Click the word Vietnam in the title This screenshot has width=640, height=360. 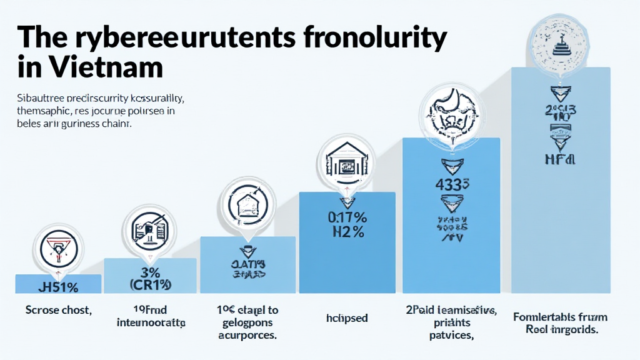tap(99, 66)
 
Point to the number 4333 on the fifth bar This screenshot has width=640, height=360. tap(452, 184)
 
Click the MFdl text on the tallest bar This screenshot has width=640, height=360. tap(560, 159)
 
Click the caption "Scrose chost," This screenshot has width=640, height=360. tap(57, 309)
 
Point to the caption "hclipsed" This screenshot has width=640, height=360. tap(347, 318)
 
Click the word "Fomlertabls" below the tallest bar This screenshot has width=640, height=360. tap(539, 317)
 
